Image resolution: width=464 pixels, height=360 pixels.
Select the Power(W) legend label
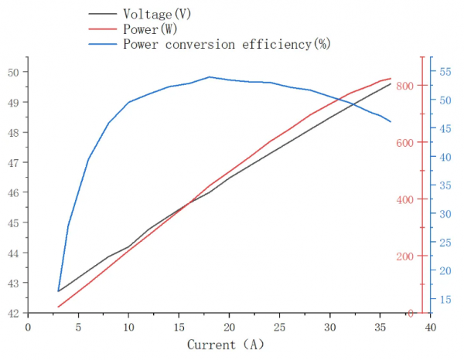150,29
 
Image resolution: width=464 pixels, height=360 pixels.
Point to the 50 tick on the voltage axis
14,72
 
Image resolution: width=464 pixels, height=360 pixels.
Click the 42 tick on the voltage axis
14,313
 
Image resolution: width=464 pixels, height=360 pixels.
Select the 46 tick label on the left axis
14,192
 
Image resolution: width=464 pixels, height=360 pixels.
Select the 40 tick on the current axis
431,326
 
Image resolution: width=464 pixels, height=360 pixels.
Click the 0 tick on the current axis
29,326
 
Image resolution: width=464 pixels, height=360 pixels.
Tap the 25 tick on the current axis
280,326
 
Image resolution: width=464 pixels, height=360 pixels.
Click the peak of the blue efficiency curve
210,76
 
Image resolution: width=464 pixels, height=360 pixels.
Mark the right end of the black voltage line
391,83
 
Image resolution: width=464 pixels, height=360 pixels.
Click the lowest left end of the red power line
58,307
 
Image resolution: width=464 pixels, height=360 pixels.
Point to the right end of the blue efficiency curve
391,122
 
